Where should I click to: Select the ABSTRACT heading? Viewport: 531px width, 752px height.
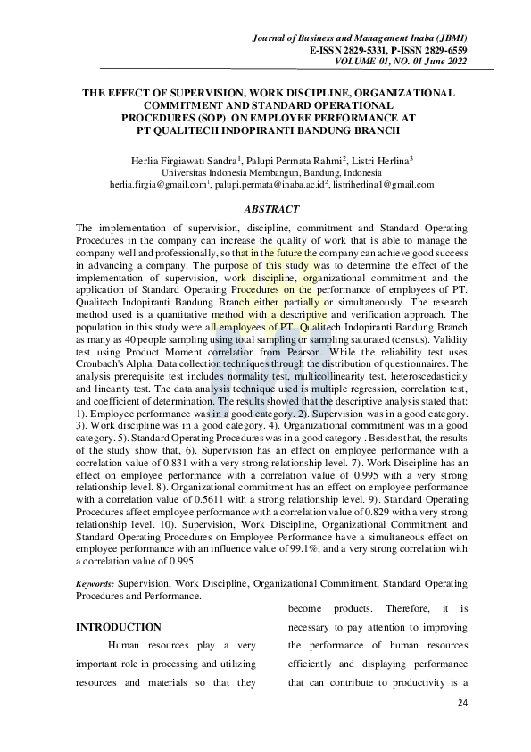(x=269, y=209)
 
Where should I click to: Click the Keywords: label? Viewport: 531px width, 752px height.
(x=95, y=582)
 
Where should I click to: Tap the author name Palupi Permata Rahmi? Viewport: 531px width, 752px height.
(x=264, y=159)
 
